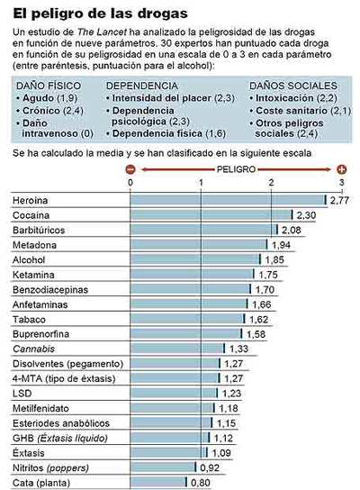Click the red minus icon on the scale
(130, 169)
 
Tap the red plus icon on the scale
(341, 169)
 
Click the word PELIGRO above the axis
(237, 169)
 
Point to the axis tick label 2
(271, 184)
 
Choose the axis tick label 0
(131, 184)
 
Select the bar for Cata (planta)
(158, 482)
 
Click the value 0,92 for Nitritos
(210, 467)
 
